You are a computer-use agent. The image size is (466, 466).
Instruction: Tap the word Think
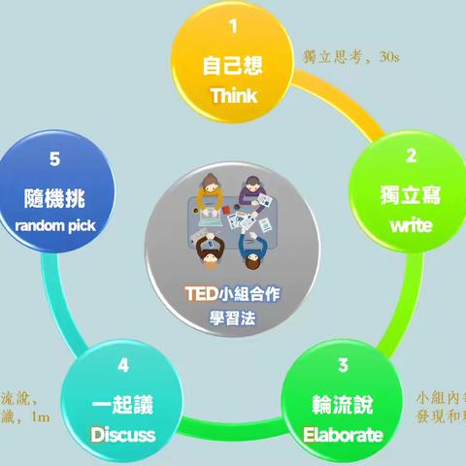pos(233,98)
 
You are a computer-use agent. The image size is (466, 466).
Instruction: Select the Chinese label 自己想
pos(233,68)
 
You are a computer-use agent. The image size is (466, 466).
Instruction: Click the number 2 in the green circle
pos(411,154)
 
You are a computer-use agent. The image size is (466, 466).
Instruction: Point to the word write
pos(411,226)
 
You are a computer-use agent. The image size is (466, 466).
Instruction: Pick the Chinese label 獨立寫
pos(411,196)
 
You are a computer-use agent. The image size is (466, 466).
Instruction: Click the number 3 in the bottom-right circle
pos(343,366)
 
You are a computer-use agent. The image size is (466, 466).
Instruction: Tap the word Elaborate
pos(343,434)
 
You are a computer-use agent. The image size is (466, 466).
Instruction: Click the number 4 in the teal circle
pos(123,366)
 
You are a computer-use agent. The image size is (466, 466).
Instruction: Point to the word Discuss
pos(123,434)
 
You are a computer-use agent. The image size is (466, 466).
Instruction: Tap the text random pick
pos(56,226)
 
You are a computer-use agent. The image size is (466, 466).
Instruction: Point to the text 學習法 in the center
pos(233,318)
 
